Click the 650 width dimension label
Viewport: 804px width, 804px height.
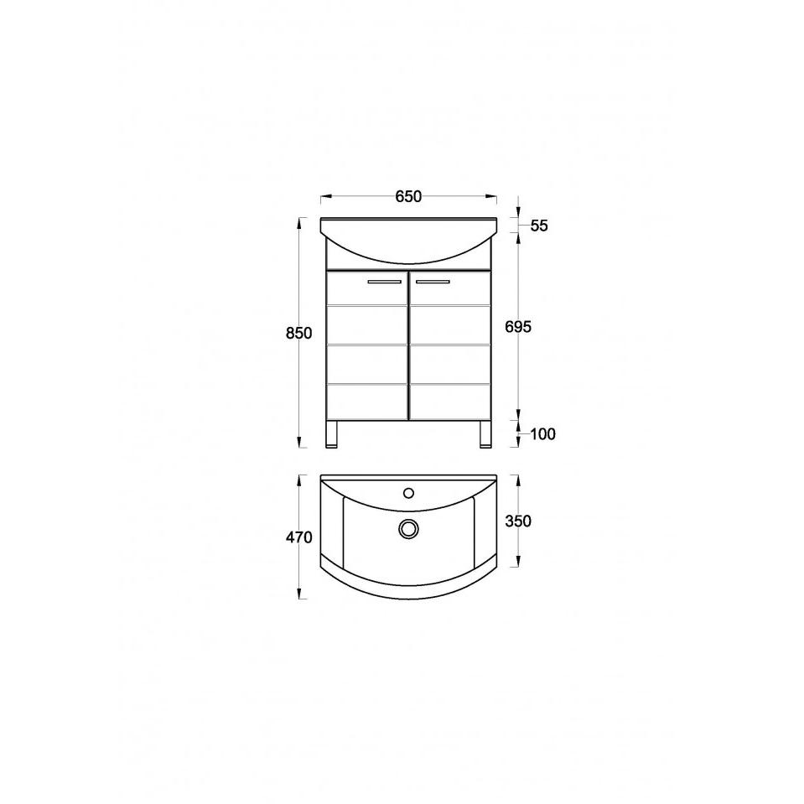pyautogui.click(x=408, y=196)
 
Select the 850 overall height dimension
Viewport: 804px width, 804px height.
pyautogui.click(x=299, y=334)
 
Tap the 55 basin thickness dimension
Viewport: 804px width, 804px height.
pyautogui.click(x=539, y=226)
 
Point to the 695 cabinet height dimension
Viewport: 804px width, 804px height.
pyautogui.click(x=518, y=327)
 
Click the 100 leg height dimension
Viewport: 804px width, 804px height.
pyautogui.click(x=543, y=434)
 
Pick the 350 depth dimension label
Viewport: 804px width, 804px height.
pyautogui.click(x=518, y=521)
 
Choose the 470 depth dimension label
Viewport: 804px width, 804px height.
pyautogui.click(x=299, y=537)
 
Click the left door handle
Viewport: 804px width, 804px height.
pyautogui.click(x=385, y=282)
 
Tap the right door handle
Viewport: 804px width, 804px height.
pyautogui.click(x=433, y=282)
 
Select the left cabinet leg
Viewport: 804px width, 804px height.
pyautogui.click(x=332, y=434)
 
